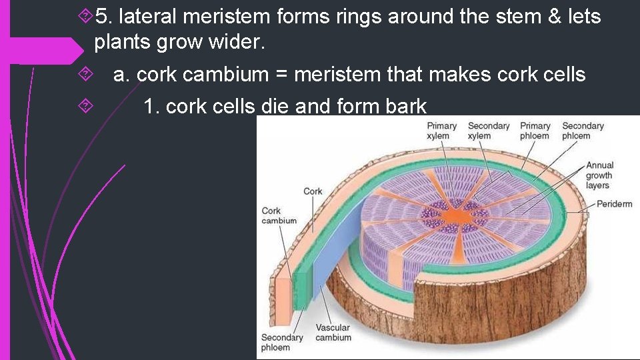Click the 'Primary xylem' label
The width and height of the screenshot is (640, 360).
(441, 131)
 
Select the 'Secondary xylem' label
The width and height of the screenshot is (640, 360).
(488, 131)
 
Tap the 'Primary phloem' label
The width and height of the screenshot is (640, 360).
(535, 131)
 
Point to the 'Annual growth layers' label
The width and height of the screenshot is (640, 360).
(599, 175)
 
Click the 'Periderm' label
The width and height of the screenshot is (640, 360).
(614, 203)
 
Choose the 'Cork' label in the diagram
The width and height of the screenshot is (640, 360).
(313, 191)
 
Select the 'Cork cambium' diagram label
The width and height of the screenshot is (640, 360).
(279, 216)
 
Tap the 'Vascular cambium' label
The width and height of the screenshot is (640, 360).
(333, 333)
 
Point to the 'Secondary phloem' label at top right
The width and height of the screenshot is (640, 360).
(583, 131)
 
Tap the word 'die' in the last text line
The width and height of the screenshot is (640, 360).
(273, 106)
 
